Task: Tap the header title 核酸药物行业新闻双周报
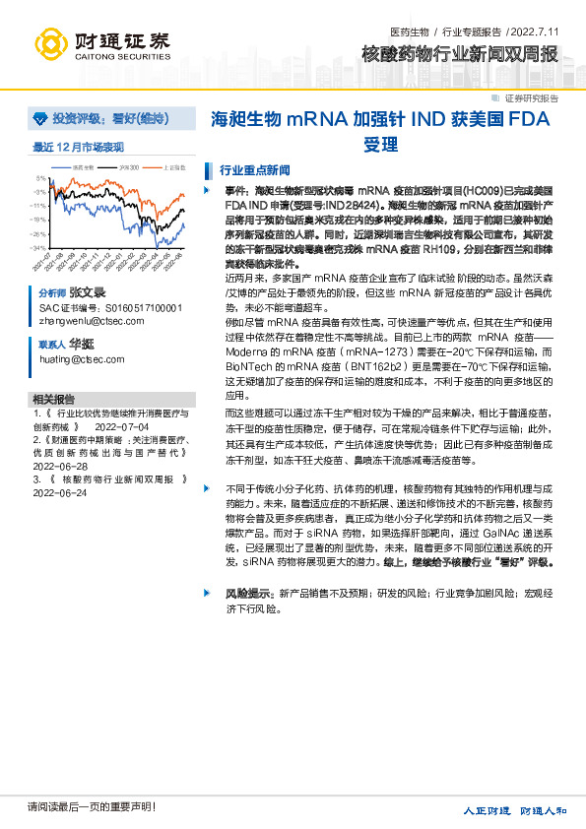coord(460,53)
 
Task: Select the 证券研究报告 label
coord(531,98)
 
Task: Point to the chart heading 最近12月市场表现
coord(79,147)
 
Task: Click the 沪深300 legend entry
coord(129,167)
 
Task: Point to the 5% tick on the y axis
coord(41,178)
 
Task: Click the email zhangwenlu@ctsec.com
coord(85,320)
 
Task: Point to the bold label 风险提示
coord(244,595)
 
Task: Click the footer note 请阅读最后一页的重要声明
coord(92,807)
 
